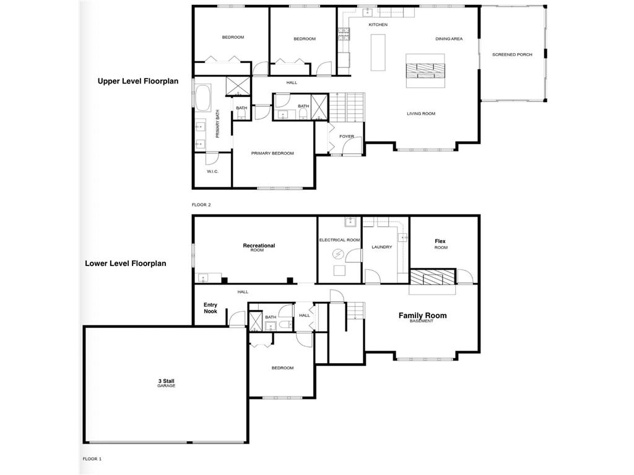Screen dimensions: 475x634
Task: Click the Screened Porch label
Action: click(512, 54)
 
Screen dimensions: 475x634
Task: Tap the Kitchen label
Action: click(378, 25)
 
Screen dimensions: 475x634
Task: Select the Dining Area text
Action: click(449, 39)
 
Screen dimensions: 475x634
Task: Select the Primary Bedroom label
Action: click(272, 153)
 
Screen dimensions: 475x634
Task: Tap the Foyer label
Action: click(346, 137)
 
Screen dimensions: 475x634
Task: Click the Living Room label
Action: click(421, 114)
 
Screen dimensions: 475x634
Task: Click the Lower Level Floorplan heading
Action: click(126, 263)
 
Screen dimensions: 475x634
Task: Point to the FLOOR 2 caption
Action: click(202, 204)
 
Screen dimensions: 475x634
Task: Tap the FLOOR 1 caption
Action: click(92, 459)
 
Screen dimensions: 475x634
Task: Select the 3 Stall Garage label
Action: click(166, 383)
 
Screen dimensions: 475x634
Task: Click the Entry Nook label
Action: click(211, 308)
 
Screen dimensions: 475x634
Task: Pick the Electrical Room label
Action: click(339, 240)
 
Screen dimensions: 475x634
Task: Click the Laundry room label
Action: click(382, 247)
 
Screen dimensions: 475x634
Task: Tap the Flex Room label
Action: click(440, 244)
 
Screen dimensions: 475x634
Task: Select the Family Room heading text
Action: click(422, 316)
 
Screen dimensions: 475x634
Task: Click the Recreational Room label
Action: click(259, 247)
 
